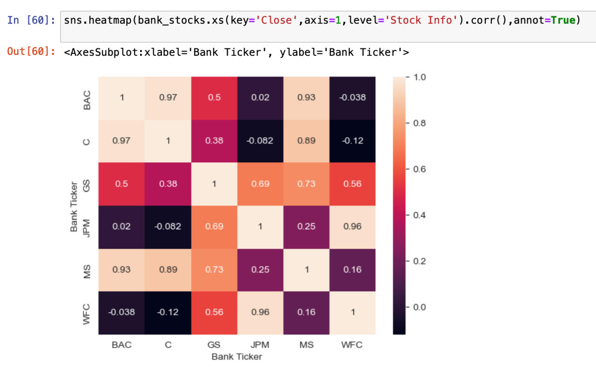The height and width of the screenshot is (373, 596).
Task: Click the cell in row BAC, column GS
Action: tap(214, 98)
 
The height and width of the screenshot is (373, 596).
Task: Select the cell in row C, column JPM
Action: tap(260, 140)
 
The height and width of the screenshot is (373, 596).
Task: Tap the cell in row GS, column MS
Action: tap(306, 184)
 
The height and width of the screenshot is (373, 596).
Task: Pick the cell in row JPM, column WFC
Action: tap(352, 226)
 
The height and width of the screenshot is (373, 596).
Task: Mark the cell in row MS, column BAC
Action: tap(121, 269)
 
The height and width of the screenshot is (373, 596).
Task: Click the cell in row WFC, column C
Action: tap(168, 312)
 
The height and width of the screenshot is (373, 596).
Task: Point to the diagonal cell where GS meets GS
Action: tap(214, 184)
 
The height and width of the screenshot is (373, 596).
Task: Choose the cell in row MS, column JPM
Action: tap(260, 269)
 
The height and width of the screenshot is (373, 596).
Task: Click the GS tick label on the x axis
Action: tap(214, 345)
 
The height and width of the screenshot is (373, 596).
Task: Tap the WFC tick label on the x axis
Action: tap(352, 345)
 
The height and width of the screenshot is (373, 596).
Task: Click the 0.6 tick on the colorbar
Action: tap(419, 169)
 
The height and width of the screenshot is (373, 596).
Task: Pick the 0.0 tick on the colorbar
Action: tap(419, 307)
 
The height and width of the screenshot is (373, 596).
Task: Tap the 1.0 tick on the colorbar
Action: tap(419, 77)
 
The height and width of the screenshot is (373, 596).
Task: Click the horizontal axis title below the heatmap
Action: tap(237, 357)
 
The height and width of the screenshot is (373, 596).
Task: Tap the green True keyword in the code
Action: tap(563, 20)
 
